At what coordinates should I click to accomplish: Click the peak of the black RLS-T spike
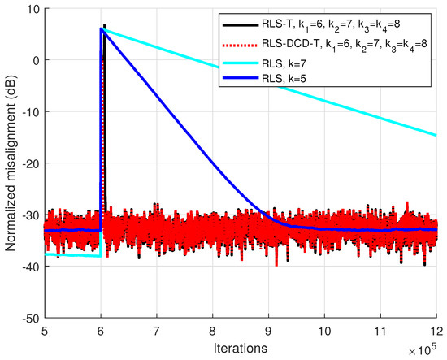tap(104, 25)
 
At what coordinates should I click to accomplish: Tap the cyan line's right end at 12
tap(436, 135)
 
